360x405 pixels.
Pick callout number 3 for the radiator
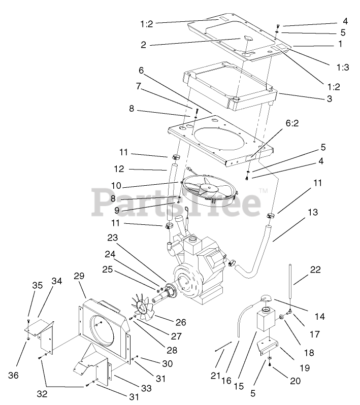[x=329, y=99]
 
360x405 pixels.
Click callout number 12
[x=119, y=169]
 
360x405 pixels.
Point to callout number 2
[x=144, y=45]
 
